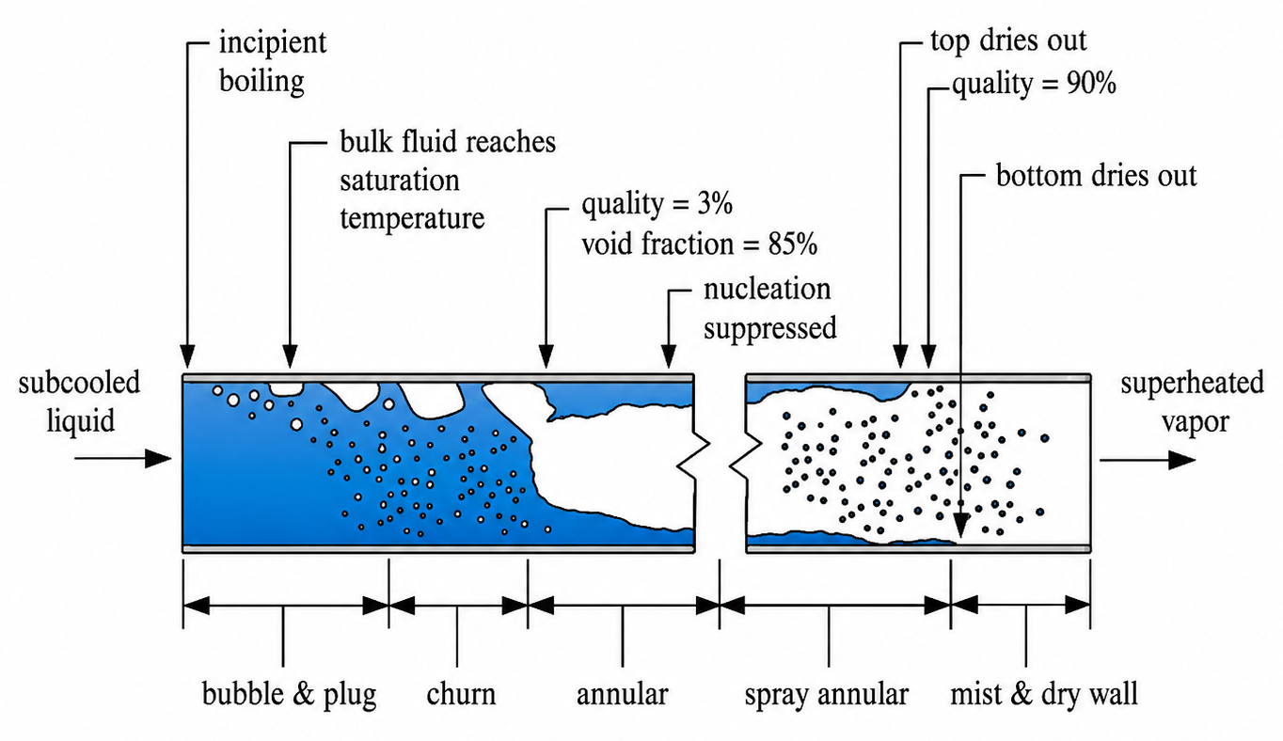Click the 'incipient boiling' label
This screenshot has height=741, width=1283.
(273, 62)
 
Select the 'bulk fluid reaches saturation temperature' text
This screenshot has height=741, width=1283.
(448, 180)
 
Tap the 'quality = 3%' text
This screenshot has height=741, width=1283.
(657, 204)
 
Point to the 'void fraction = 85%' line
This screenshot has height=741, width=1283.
(700, 244)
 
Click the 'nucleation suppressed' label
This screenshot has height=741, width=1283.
(769, 308)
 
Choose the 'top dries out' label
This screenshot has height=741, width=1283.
(1008, 40)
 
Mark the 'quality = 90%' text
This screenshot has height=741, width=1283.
(1035, 85)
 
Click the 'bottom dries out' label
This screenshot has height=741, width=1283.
(1096, 175)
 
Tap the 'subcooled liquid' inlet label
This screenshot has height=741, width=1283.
(79, 402)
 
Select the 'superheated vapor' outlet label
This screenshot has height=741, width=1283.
(1192, 402)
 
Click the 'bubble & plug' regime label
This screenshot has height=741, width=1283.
(290, 694)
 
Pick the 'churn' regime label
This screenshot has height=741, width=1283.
(461, 694)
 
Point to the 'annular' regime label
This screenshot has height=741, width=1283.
(622, 695)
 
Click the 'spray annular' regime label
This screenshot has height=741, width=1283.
(827, 695)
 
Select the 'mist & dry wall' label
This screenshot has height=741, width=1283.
(1043, 694)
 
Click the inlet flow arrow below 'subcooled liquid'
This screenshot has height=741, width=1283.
(123, 459)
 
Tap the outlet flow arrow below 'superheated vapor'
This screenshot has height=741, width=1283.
(1148, 460)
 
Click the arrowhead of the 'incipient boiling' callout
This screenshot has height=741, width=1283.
(187, 355)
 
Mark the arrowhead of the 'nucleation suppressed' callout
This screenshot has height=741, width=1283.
(668, 356)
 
